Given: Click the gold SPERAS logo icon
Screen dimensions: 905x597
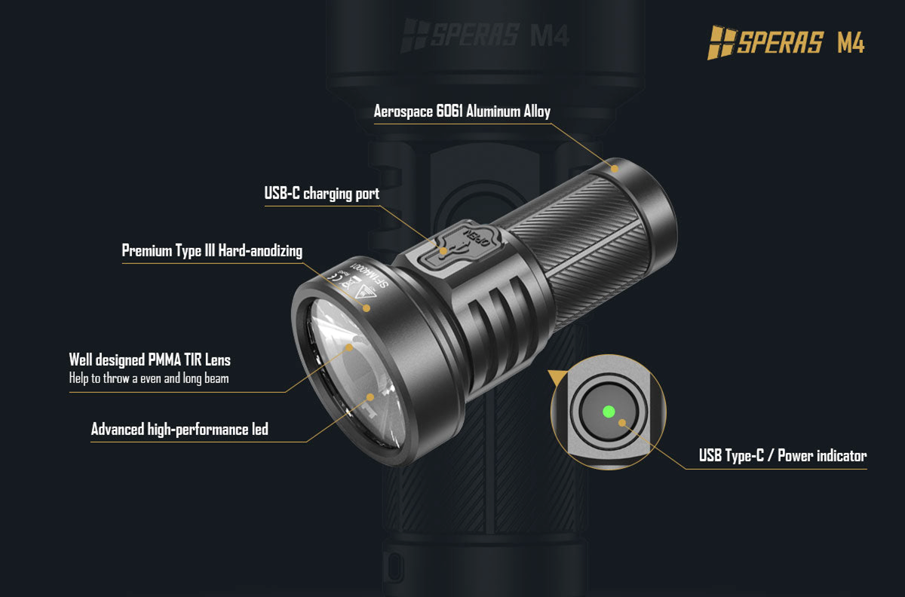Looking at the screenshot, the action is point(722,42).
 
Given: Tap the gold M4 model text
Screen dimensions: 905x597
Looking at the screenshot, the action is point(851,42).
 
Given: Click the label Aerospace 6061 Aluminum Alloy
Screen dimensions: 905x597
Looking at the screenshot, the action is point(462,111).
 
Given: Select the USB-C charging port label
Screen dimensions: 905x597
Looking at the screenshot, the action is point(321,194).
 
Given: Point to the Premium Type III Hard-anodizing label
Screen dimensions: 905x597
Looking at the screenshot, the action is point(212,251).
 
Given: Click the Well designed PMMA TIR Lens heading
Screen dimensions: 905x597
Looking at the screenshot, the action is point(150,360).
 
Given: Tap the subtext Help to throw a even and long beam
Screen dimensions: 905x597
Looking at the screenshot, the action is point(149,378).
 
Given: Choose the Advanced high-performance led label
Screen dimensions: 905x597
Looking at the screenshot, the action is point(179,429).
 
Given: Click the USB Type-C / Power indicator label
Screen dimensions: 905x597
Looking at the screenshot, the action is point(783,455).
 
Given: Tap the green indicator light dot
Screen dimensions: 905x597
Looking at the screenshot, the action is point(609,412).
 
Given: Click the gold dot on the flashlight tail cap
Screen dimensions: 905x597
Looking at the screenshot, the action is point(615,168).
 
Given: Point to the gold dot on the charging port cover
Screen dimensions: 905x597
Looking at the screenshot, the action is point(443,251).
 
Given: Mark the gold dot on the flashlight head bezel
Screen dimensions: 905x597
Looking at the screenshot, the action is point(367,308).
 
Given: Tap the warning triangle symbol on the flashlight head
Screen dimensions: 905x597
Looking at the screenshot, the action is point(367,292).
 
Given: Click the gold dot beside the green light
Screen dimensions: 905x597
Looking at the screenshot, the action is point(622,423).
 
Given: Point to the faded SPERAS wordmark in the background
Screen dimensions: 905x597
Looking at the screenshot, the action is point(475,35).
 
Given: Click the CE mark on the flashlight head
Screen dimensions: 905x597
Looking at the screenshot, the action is point(333,277).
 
